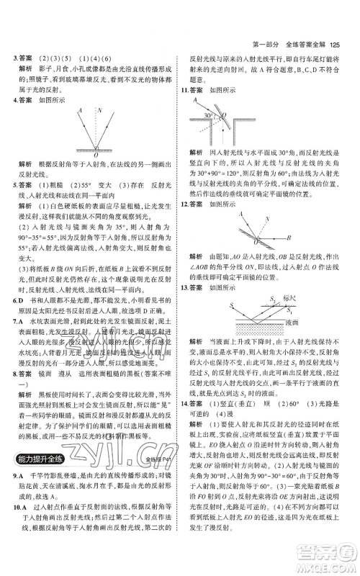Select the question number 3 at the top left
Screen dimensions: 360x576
(14, 57)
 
